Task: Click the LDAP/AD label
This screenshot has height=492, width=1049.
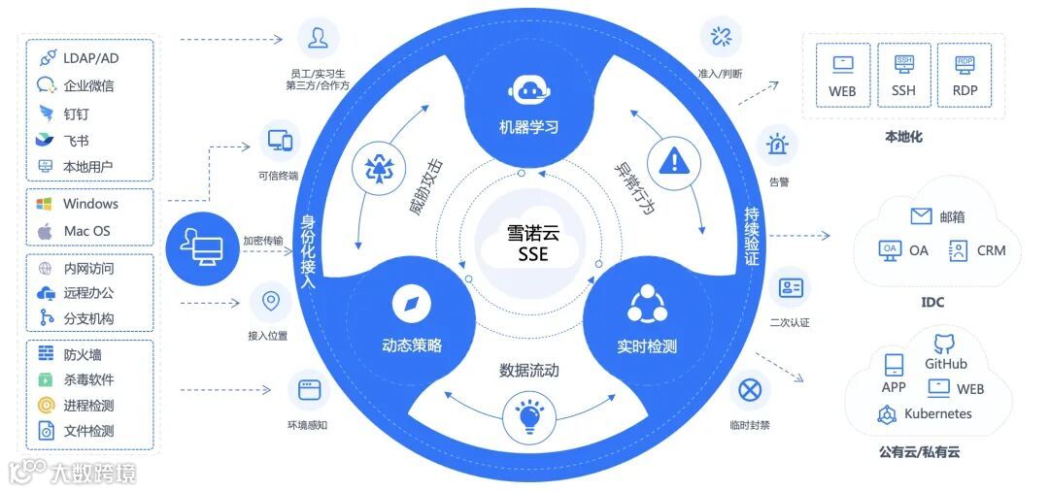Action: [90, 58]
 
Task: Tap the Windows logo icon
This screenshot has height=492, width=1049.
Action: [44, 205]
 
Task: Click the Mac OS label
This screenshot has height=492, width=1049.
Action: [86, 231]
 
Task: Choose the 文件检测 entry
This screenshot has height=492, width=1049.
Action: [88, 431]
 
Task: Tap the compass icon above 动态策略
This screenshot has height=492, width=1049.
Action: [411, 306]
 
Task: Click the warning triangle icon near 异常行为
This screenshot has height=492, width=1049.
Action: [673, 159]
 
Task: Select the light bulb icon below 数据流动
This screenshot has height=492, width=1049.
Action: [528, 416]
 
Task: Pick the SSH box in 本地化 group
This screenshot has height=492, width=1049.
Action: [903, 75]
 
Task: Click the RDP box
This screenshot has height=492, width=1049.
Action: [964, 75]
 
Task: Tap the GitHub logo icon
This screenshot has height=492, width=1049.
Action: [945, 343]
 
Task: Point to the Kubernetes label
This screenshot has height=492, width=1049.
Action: [937, 413]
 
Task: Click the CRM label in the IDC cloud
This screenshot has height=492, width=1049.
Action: [991, 250]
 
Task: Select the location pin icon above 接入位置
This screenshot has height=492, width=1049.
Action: [270, 302]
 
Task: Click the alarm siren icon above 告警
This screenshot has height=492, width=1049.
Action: [778, 146]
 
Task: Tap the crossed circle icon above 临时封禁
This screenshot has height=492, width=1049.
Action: [749, 390]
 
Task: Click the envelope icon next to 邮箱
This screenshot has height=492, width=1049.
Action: [921, 215]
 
